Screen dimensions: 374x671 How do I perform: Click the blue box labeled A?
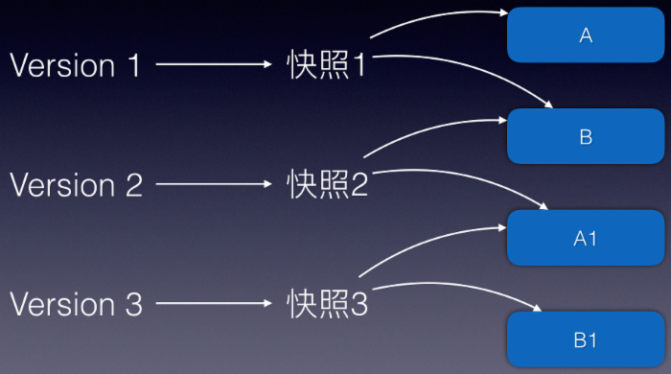pyautogui.click(x=587, y=35)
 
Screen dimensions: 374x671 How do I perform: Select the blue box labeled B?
pyautogui.click(x=587, y=136)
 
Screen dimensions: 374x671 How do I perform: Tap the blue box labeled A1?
pyautogui.click(x=587, y=238)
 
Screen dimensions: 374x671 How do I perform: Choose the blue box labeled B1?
pyautogui.click(x=587, y=339)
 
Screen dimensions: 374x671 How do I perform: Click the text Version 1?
pyautogui.click(x=76, y=65)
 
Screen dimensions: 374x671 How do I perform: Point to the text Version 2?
pyautogui.click(x=76, y=184)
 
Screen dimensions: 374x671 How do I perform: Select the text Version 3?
pyautogui.click(x=76, y=304)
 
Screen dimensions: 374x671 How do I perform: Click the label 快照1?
pyautogui.click(x=327, y=65)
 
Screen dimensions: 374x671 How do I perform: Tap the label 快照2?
pyautogui.click(x=327, y=184)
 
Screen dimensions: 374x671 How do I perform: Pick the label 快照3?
pyautogui.click(x=327, y=304)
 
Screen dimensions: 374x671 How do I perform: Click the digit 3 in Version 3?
pyautogui.click(x=132, y=304)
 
